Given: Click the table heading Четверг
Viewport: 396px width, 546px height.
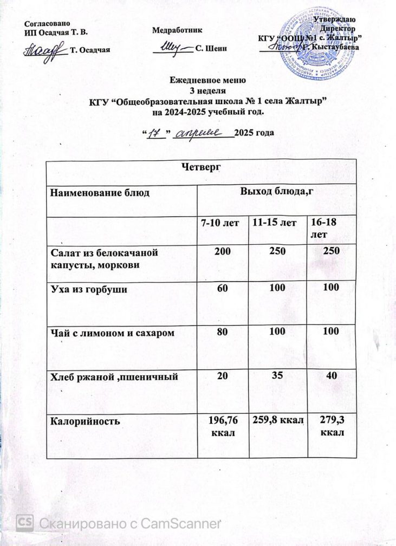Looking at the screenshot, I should (202, 168).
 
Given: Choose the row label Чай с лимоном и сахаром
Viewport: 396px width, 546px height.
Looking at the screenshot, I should (112, 332).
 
